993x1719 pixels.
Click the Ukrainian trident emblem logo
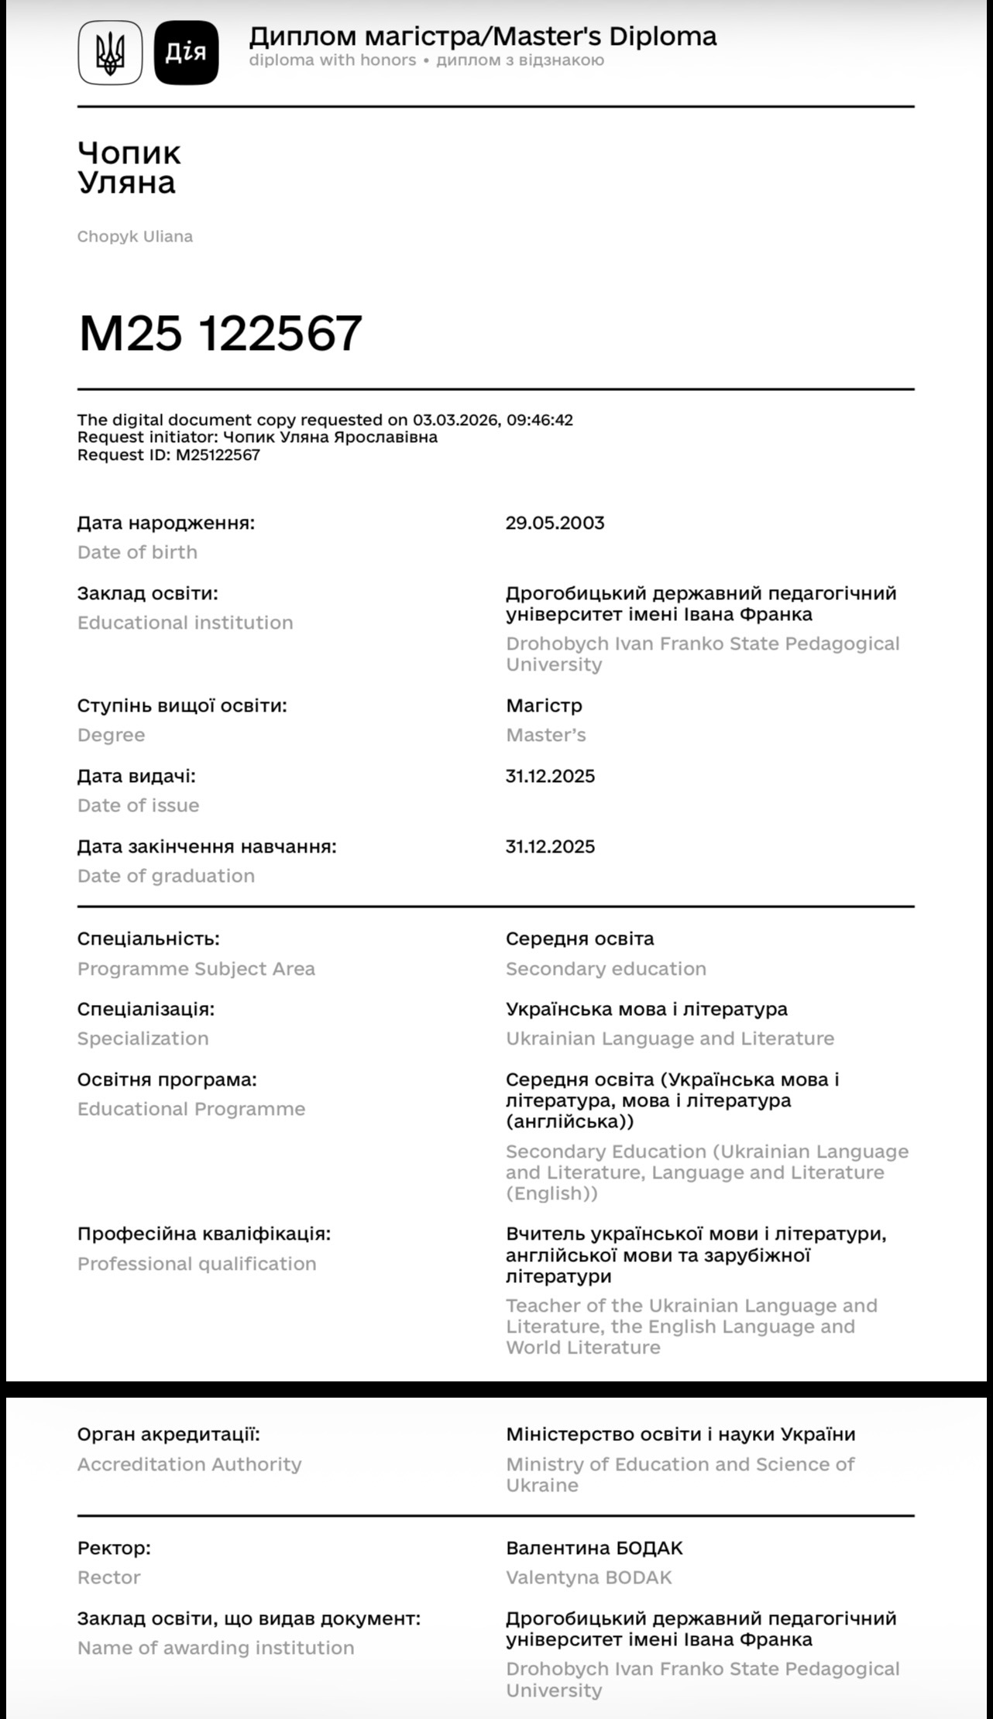tap(110, 52)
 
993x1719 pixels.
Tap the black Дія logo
tap(186, 52)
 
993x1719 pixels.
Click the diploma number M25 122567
tap(220, 333)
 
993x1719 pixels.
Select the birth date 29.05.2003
tap(555, 523)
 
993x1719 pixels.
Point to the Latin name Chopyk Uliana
tap(135, 236)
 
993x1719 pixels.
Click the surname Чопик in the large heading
tap(129, 153)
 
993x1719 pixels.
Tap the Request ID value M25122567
tap(218, 455)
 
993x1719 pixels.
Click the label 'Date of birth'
tap(137, 552)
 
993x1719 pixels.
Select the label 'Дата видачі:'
tap(136, 776)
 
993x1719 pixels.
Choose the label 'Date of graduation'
tap(166, 876)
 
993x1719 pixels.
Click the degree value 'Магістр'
tap(544, 705)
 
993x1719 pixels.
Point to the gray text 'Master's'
tap(545, 735)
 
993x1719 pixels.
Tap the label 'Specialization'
tap(143, 1038)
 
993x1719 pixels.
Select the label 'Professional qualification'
tap(197, 1264)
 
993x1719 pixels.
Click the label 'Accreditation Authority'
tap(189, 1464)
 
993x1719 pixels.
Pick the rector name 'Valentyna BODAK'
tap(589, 1577)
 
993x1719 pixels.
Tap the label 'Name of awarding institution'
tap(215, 1648)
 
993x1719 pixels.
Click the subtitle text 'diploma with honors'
tap(332, 60)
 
